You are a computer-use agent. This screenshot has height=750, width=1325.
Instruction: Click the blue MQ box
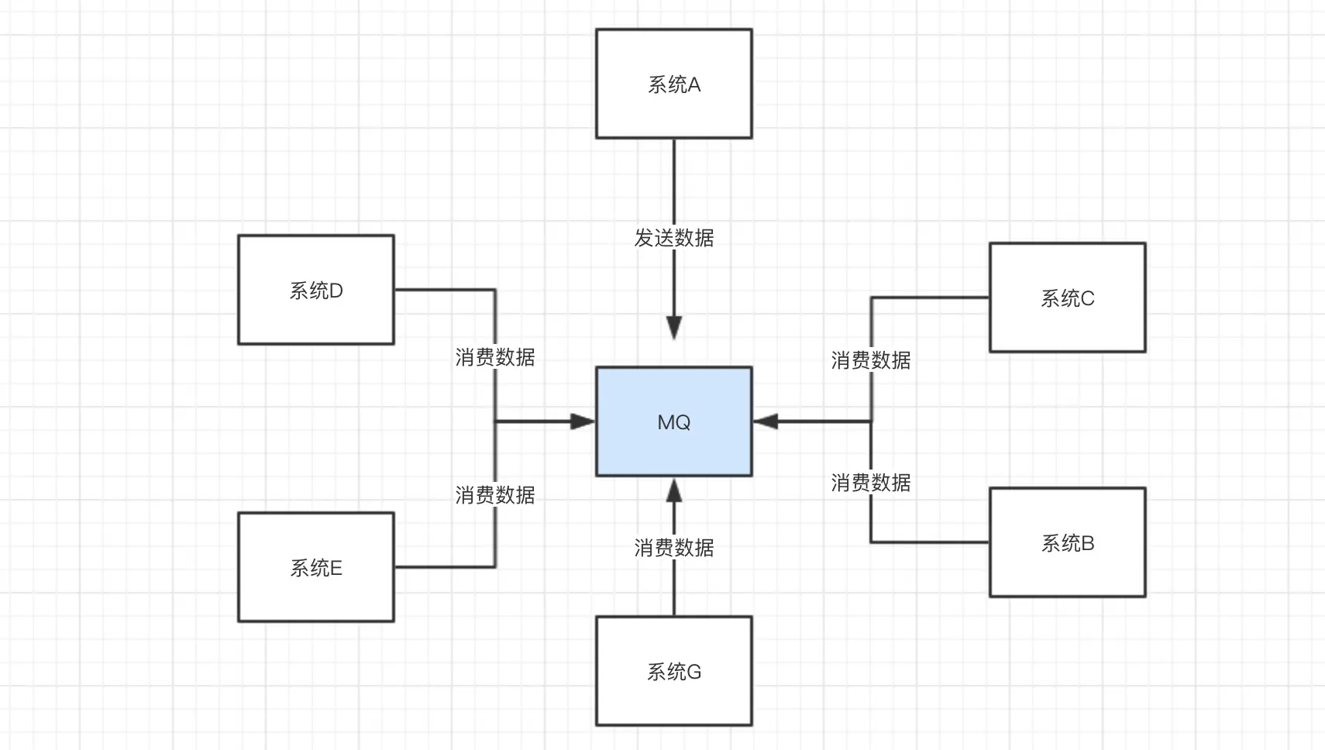click(x=673, y=421)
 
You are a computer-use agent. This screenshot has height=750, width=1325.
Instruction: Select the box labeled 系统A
click(x=673, y=84)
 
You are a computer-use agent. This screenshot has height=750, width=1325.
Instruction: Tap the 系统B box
click(x=1067, y=542)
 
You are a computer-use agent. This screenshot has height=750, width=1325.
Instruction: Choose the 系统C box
click(x=1067, y=298)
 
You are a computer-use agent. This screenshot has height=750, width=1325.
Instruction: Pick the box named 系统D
click(x=315, y=290)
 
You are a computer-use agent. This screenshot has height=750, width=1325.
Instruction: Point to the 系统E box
click(x=315, y=567)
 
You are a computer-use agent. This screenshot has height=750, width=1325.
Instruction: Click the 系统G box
click(x=673, y=671)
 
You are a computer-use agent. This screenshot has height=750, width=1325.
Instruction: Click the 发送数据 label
click(x=673, y=238)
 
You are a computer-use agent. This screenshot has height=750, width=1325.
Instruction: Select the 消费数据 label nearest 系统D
click(x=495, y=357)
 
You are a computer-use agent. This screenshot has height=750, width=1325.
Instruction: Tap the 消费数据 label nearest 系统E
click(x=495, y=495)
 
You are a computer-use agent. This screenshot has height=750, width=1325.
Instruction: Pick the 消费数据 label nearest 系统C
click(x=871, y=360)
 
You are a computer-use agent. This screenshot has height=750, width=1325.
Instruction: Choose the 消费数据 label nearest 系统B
click(x=871, y=483)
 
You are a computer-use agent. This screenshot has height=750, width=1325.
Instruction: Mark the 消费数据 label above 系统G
click(x=673, y=548)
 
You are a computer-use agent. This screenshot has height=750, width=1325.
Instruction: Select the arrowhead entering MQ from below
click(x=674, y=490)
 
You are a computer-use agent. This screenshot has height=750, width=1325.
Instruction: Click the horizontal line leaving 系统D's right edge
click(x=444, y=290)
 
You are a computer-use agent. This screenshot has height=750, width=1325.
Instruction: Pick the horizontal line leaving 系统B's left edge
click(x=930, y=542)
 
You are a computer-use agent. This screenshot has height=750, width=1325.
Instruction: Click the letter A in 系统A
click(x=693, y=84)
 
